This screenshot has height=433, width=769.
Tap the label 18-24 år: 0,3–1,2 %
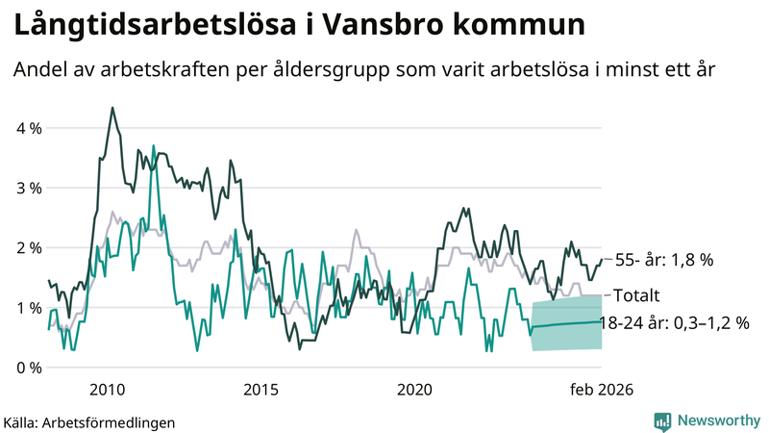(673, 323)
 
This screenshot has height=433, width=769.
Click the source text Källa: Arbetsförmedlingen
(89, 421)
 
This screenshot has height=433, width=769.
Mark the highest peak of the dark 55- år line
(112, 108)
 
